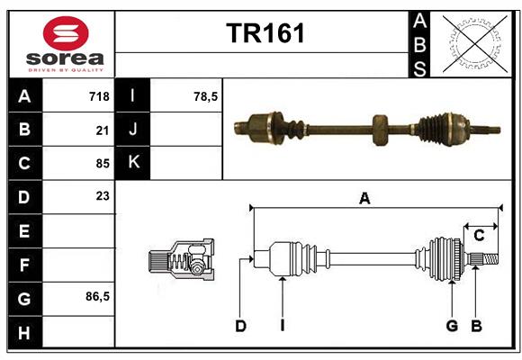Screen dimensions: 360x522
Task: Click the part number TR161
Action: point(265,33)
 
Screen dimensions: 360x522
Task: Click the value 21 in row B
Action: point(102,130)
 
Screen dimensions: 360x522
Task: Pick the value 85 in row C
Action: point(102,164)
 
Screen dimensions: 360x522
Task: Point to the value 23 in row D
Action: point(102,195)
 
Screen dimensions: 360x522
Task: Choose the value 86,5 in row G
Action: point(96,296)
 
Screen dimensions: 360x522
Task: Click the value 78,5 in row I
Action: point(206,95)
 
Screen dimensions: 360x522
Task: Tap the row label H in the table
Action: point(24,333)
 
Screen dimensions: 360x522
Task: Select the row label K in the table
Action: point(134,163)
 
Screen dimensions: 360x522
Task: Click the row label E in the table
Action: point(24,231)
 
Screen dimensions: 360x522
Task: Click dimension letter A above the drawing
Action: point(364,199)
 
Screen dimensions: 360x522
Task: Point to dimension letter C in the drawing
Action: point(479,236)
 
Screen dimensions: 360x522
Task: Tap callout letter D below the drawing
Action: point(240,326)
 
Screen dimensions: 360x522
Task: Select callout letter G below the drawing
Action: point(452,326)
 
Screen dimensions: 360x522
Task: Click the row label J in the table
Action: point(134,130)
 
